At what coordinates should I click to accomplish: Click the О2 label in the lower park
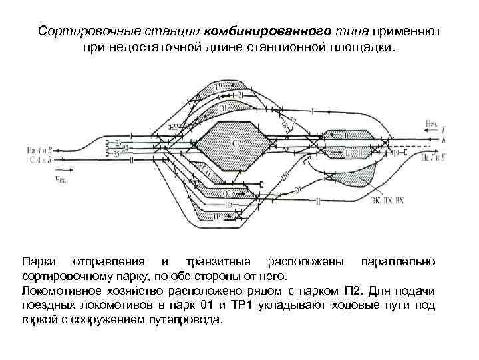coord(228,193)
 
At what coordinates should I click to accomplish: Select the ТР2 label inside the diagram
coord(219,217)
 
